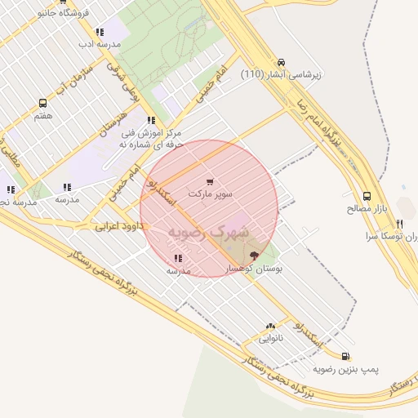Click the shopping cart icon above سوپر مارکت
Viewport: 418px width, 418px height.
[x=211, y=182]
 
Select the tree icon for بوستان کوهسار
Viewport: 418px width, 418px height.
[x=252, y=256]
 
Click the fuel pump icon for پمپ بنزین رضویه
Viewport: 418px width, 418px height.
[x=345, y=356]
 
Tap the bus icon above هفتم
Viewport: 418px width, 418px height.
[x=42, y=103]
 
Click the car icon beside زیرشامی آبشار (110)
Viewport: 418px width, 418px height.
[x=282, y=62]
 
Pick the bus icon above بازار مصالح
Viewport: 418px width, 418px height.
[x=367, y=196]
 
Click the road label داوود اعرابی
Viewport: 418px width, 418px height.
[x=120, y=224]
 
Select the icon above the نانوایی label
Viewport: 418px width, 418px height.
[x=270, y=325]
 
